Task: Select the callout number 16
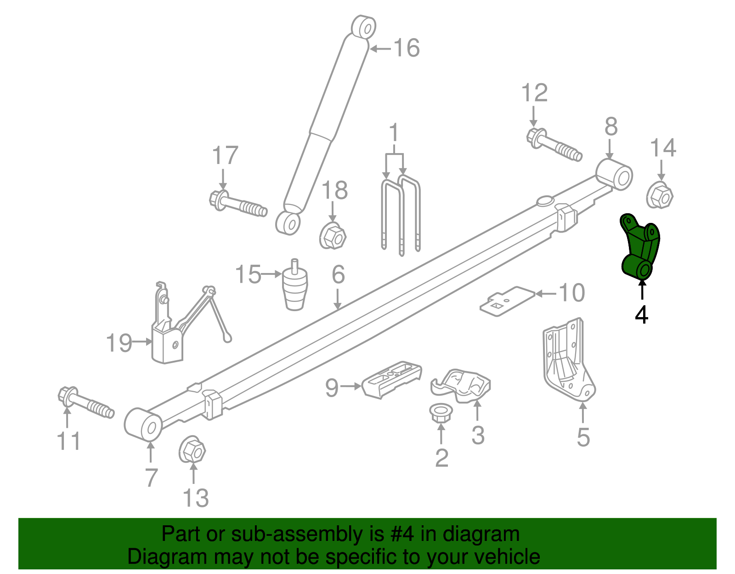(x=407, y=48)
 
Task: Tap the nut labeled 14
(x=660, y=196)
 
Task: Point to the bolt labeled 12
(x=554, y=145)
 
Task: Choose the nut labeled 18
(x=333, y=236)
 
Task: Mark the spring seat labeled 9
(x=392, y=380)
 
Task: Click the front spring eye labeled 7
(x=143, y=424)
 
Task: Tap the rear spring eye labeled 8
(x=614, y=175)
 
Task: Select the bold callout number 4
(x=641, y=315)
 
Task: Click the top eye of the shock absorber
(x=364, y=27)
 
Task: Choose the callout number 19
(x=119, y=343)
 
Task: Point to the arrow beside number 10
(x=546, y=294)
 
